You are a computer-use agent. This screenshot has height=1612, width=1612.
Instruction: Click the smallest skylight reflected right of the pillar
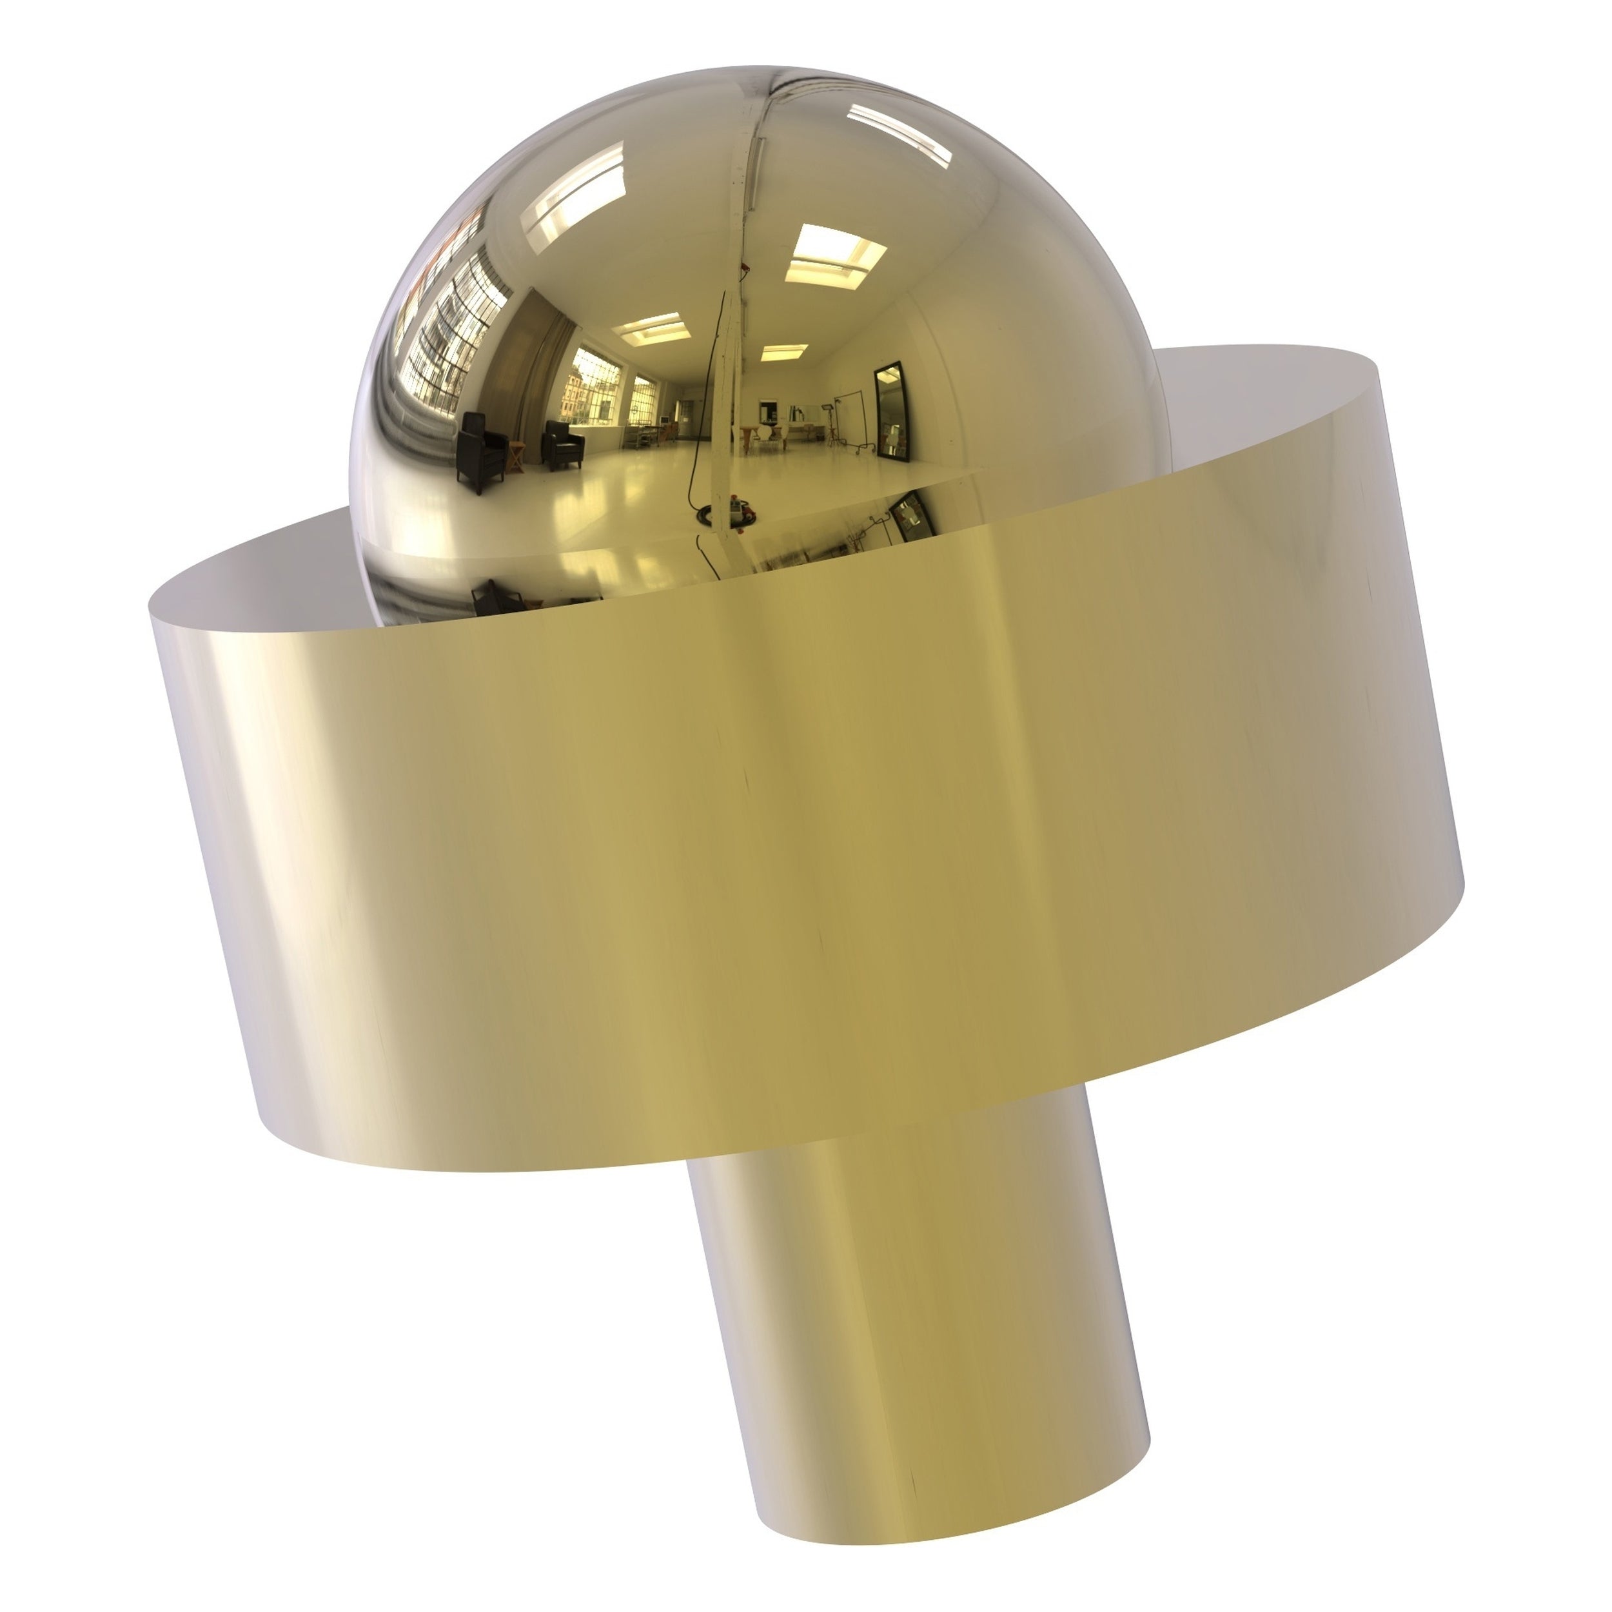click(783, 352)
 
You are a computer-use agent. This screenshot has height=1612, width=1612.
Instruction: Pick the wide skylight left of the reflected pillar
click(651, 329)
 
